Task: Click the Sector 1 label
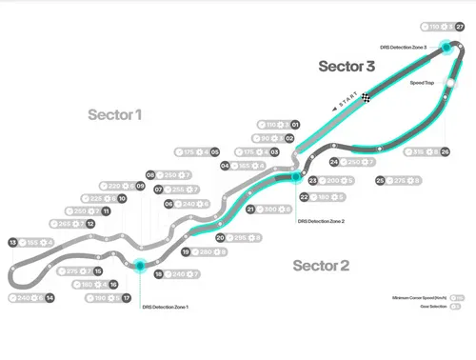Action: coord(115,115)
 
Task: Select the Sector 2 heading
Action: coord(321,265)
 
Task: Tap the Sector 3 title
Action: coord(347,67)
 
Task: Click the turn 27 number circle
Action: coord(460,28)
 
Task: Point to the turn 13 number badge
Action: coord(12,243)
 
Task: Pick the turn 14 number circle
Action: coord(50,298)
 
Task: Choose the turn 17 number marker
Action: coord(126,298)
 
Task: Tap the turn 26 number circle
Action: coord(445,151)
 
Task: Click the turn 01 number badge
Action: coord(295,125)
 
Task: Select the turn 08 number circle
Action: coord(150,175)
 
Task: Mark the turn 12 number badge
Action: coord(89,224)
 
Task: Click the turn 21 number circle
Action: coord(250,210)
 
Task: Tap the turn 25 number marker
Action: coord(381,180)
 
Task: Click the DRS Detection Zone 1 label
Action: coord(166,307)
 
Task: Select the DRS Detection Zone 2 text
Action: coord(321,220)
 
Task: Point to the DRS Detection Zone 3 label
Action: coord(410,46)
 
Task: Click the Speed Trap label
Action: coord(422,84)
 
